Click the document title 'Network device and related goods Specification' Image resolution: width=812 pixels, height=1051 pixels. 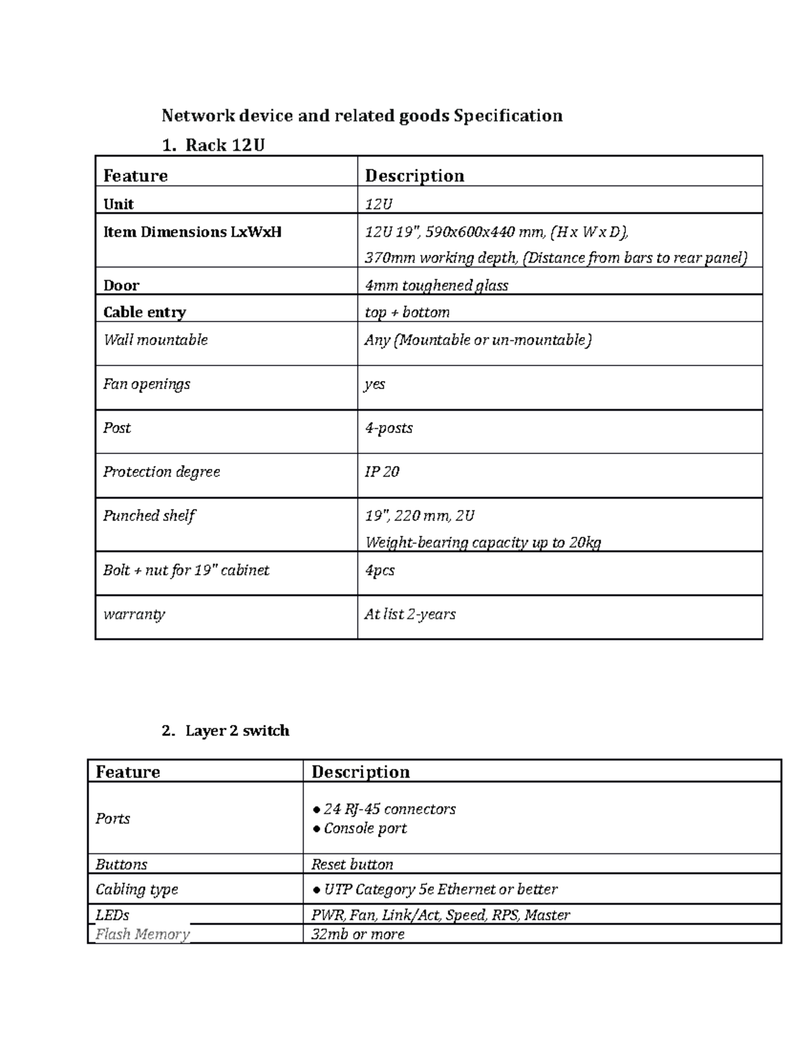click(362, 116)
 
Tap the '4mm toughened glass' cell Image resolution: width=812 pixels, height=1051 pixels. click(436, 286)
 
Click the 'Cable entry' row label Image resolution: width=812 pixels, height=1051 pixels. click(144, 312)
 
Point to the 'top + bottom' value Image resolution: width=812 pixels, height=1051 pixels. click(407, 312)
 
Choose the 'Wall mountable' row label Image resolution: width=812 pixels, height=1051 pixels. click(156, 340)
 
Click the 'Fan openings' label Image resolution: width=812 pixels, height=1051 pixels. click(147, 384)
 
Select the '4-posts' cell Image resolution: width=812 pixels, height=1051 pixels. click(388, 428)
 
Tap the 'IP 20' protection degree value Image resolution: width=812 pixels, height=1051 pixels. click(382, 472)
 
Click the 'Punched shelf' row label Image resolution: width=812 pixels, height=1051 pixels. click(149, 516)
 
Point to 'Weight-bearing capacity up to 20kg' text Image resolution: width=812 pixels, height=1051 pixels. click(483, 542)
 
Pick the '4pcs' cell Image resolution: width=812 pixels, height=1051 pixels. click(380, 570)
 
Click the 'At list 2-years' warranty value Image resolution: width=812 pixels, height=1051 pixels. click(410, 614)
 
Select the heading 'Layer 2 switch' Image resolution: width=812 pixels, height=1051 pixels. click(237, 730)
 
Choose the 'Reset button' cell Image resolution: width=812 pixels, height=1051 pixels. click(352, 864)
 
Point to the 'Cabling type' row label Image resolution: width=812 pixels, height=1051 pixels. click(137, 889)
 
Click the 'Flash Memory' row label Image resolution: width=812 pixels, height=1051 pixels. click(142, 935)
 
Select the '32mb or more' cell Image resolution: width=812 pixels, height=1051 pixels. click(357, 935)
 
